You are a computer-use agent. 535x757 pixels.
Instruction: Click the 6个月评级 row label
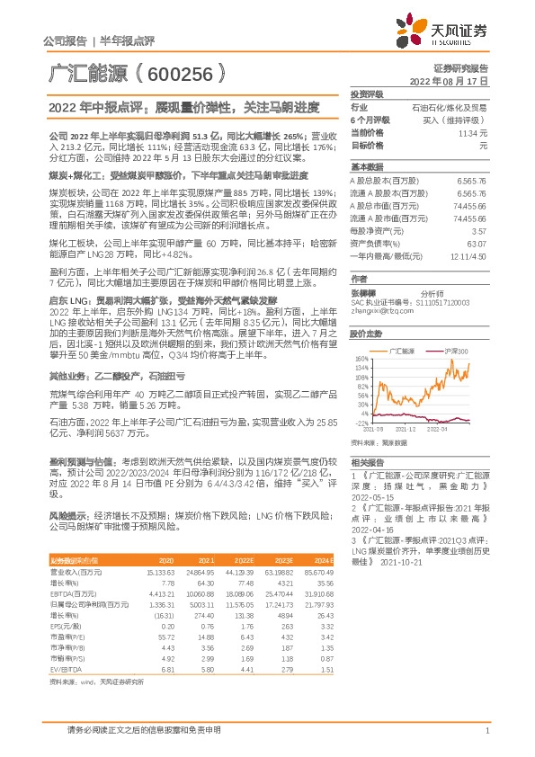pos(368,119)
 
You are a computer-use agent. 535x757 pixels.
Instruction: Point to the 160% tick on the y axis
pos(362,358)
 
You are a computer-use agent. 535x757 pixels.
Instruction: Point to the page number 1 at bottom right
pos(486,731)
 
